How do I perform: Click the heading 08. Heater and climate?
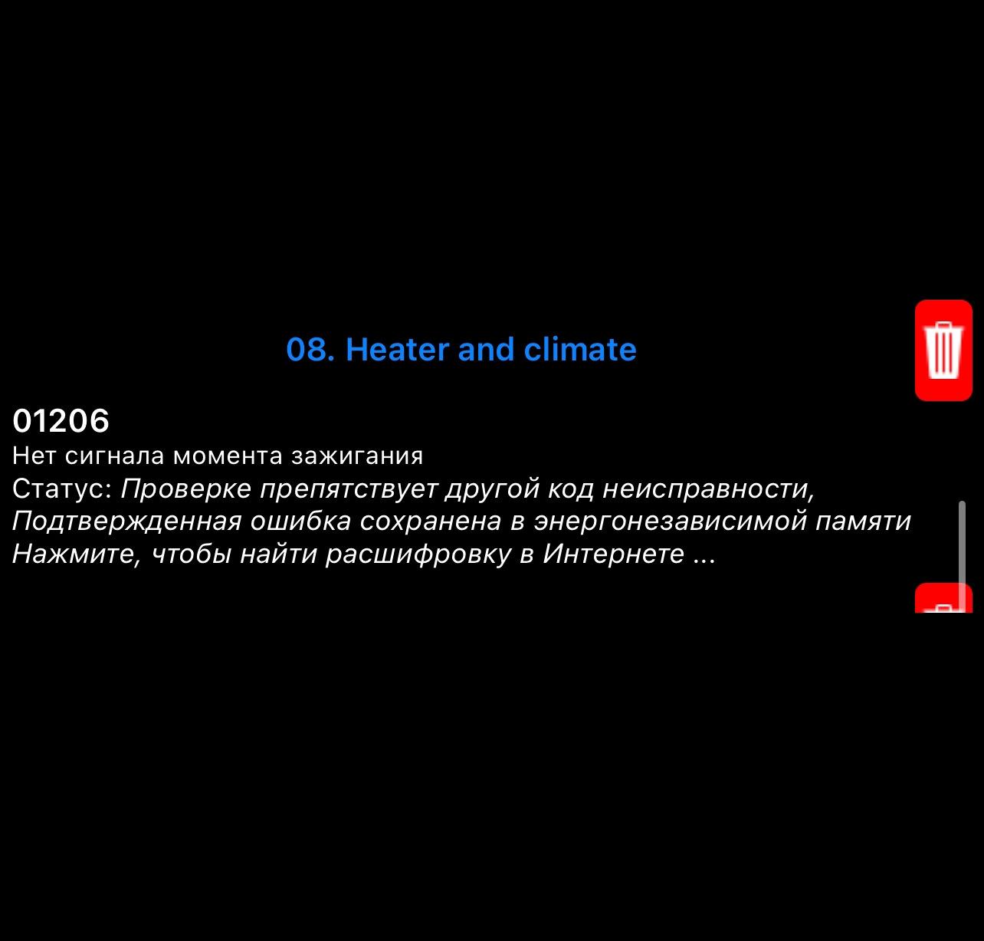pos(461,349)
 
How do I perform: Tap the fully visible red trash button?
pos(943,350)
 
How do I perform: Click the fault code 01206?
pos(61,420)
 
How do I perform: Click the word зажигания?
pos(357,456)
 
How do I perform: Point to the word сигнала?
pos(115,456)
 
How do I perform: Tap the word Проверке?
pos(186,489)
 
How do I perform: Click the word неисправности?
pos(708,489)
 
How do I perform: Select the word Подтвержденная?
pos(127,521)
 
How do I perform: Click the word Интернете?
pos(613,554)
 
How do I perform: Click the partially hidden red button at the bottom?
pos(943,597)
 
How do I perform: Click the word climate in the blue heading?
pos(580,349)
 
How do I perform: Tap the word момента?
pos(228,456)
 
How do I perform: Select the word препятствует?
pos(349,489)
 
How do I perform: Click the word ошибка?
pos(300,521)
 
